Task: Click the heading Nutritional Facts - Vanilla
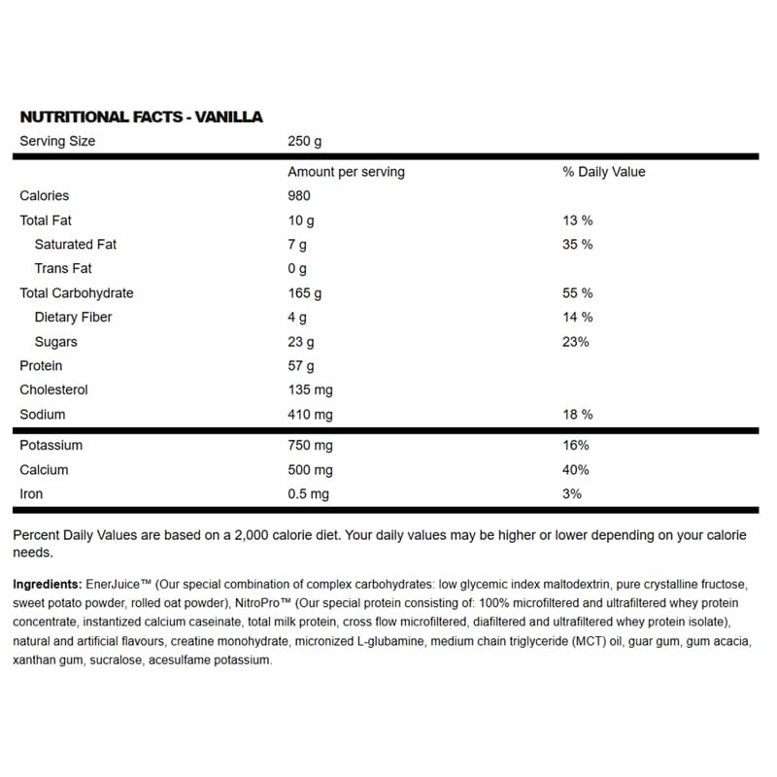tap(142, 117)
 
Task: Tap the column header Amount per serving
tap(346, 172)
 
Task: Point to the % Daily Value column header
tap(603, 172)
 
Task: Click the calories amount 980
tap(301, 196)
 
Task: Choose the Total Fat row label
tap(46, 220)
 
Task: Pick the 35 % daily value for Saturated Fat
tap(577, 245)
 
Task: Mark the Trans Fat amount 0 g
tap(297, 269)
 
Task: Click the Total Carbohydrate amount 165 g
tap(305, 293)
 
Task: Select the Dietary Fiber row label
tap(73, 318)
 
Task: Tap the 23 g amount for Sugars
tap(301, 342)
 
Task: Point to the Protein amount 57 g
tap(301, 366)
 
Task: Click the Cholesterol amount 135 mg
tap(311, 390)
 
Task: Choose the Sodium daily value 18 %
tap(577, 415)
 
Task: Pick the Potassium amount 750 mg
tap(311, 446)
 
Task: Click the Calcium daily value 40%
tap(576, 470)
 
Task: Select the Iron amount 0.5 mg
tap(309, 494)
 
